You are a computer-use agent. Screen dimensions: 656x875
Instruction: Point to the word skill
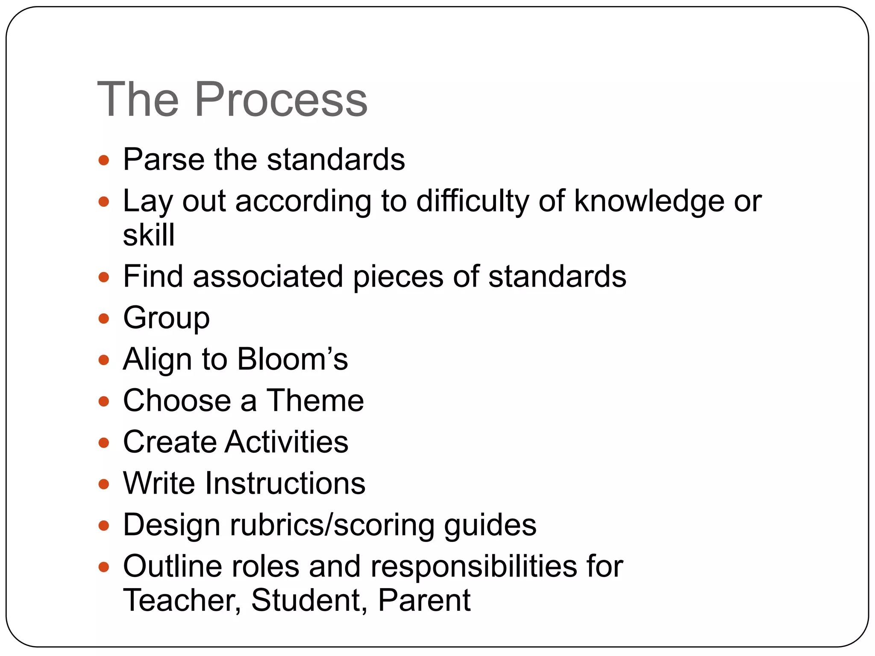pos(149,234)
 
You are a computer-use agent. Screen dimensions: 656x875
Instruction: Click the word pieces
pos(398,276)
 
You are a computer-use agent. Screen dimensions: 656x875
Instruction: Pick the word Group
pos(166,318)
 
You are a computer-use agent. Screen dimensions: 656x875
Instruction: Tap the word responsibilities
pos(473,566)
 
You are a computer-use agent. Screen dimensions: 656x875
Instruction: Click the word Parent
pos(424,600)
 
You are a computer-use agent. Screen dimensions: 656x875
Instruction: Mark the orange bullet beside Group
pos(104,318)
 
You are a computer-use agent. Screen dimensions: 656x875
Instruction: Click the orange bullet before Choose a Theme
pos(104,401)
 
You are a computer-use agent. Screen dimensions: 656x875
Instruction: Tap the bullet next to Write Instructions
pos(104,484)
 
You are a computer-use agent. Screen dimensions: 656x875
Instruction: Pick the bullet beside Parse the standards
pos(104,160)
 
